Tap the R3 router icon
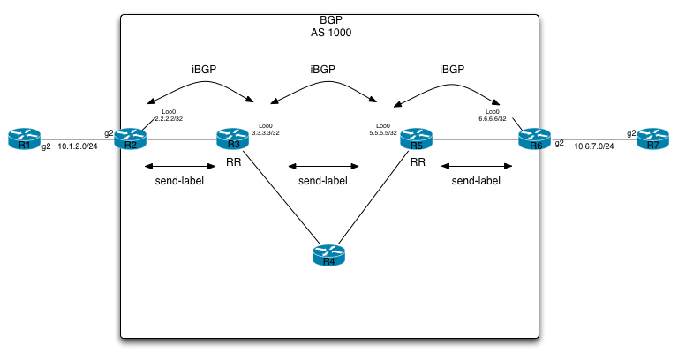tap(233, 139)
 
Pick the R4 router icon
tap(329, 257)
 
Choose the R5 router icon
tap(417, 139)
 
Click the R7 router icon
tap(652, 139)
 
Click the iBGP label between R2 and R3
tap(203, 68)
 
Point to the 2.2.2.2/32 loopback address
tap(169, 117)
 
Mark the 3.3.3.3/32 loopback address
tap(266, 132)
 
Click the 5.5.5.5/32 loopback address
tap(383, 132)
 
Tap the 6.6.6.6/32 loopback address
tap(492, 117)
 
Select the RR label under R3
tap(233, 162)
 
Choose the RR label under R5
tap(417, 162)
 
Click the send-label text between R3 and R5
tap(323, 180)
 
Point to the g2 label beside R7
tap(632, 133)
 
